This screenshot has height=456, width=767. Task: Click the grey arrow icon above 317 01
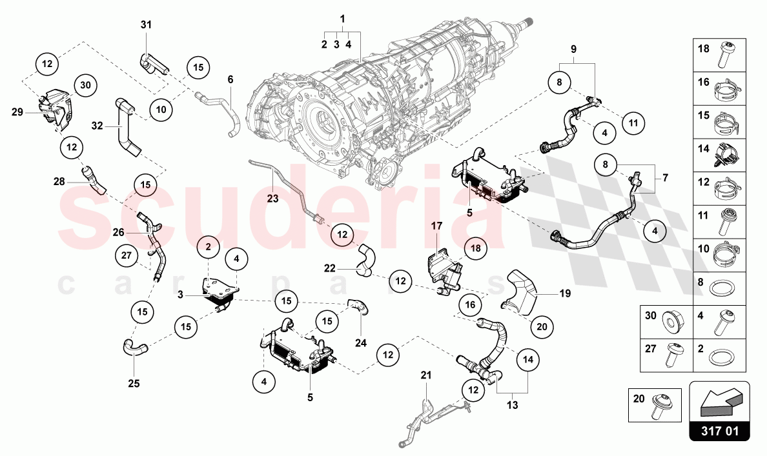click(719, 402)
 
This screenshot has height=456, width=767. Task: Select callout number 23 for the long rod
click(272, 199)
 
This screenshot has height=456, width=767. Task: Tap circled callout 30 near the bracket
click(86, 84)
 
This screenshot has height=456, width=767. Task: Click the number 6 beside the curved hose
click(230, 80)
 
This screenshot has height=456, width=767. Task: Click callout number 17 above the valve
click(436, 226)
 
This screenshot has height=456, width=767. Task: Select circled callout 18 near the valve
click(476, 248)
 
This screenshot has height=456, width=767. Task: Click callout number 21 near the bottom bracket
click(425, 375)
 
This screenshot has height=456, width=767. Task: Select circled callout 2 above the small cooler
click(209, 246)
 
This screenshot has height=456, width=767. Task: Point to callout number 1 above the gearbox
click(342, 19)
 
